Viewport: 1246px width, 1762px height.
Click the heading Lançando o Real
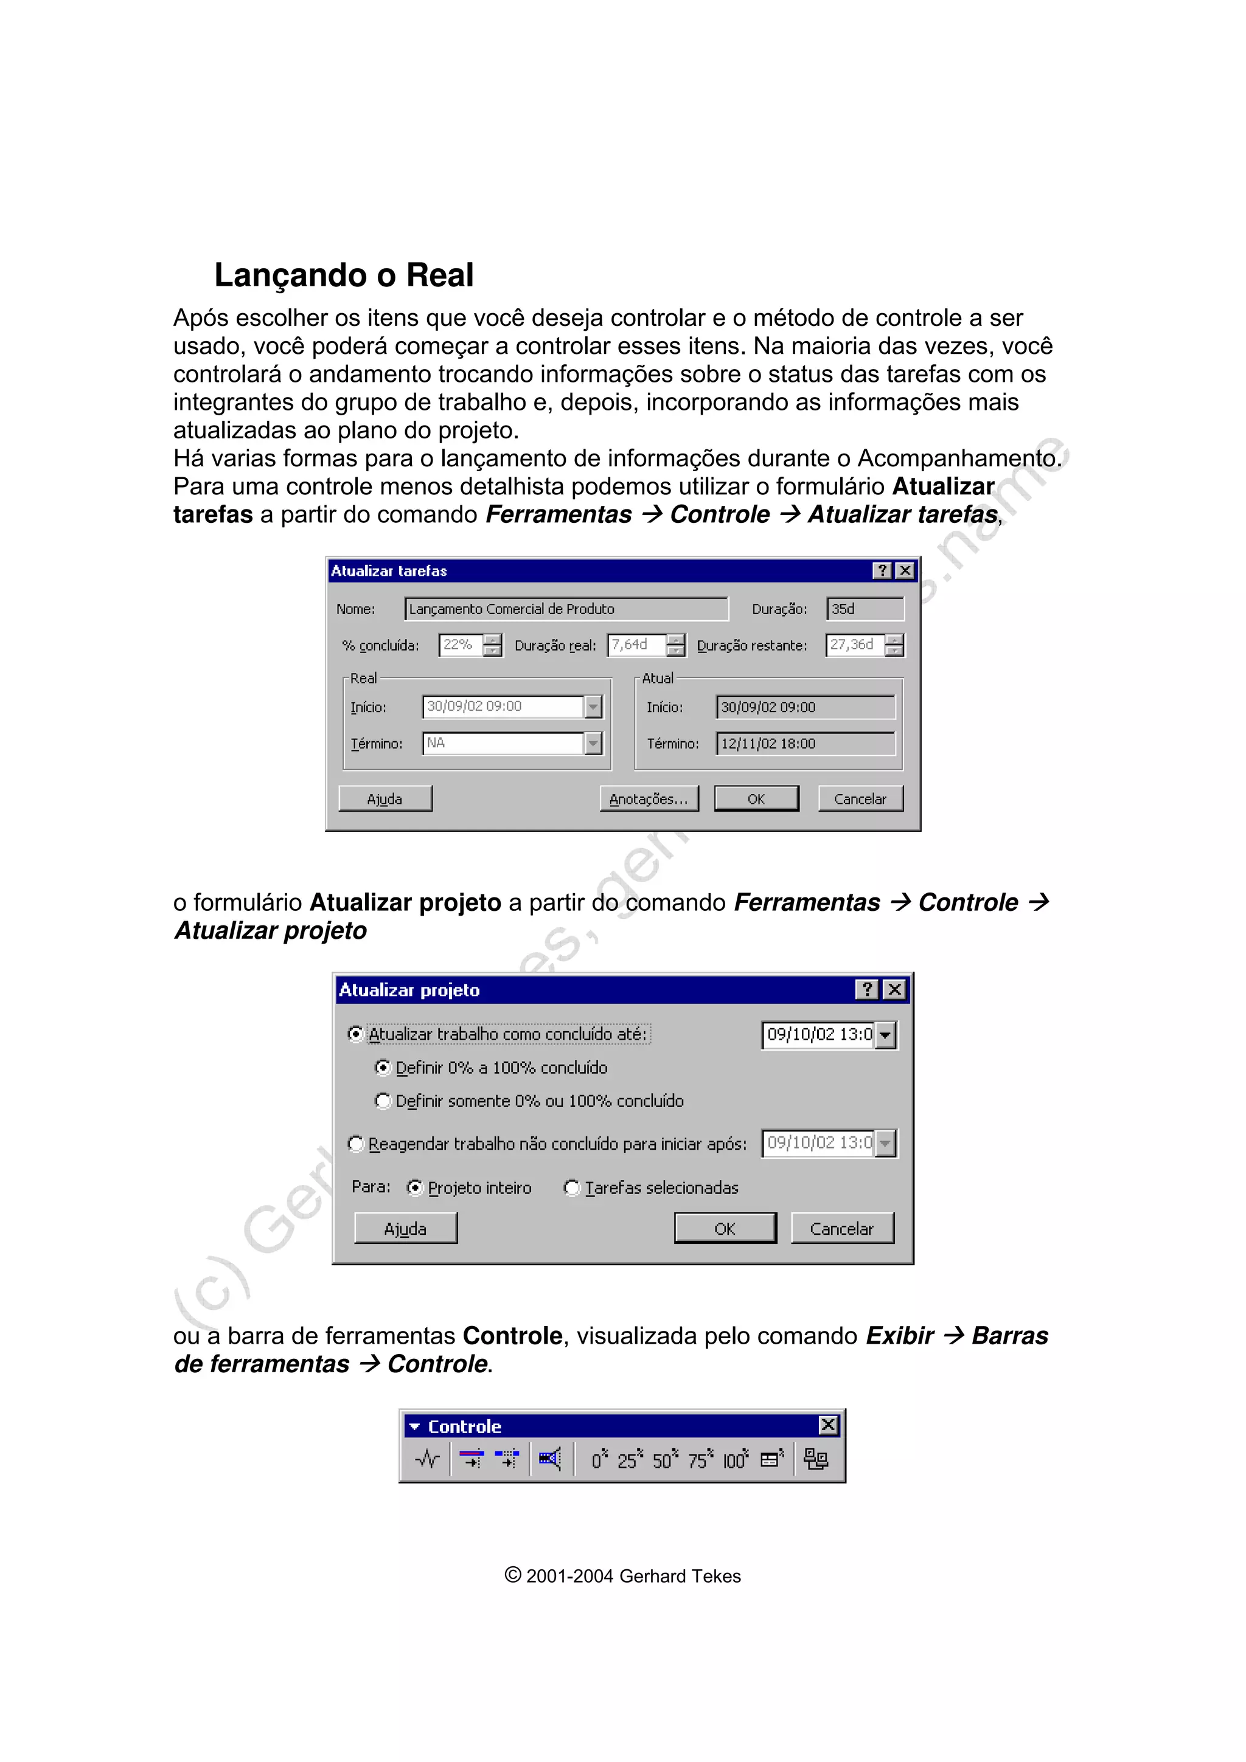pos(343,275)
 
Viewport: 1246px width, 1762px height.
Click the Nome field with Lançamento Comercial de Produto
pos(566,609)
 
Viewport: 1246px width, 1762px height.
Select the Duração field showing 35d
pos(865,609)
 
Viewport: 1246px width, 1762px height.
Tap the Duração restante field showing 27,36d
pos(854,644)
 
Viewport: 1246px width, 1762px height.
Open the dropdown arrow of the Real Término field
pos(593,743)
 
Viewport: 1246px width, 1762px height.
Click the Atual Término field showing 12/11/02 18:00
pos(804,743)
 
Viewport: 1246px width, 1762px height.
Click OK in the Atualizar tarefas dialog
pos(756,799)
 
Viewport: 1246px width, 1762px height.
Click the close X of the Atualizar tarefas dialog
pos(905,570)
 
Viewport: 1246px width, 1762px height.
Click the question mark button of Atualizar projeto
pos(866,989)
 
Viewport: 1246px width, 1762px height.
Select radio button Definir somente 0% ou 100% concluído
pos(382,1100)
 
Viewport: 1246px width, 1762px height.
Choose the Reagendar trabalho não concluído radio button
pos(355,1144)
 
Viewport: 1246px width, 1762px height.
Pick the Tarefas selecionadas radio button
pos(572,1187)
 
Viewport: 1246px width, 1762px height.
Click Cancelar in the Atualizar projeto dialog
pos(841,1229)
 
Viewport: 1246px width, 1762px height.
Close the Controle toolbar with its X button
pos(827,1425)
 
